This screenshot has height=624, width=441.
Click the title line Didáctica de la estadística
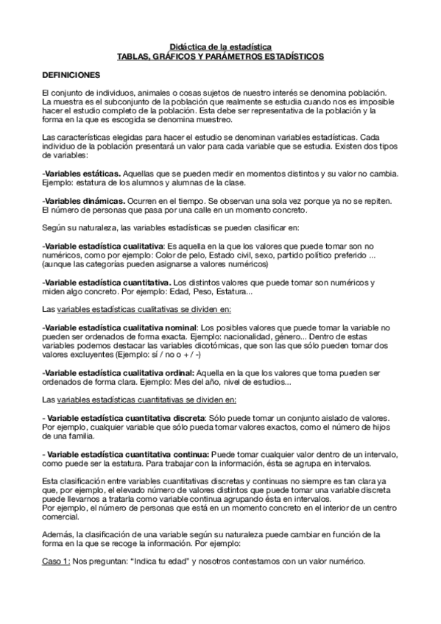pos(221,46)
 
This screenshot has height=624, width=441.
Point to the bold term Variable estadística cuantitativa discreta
pos(124,418)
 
